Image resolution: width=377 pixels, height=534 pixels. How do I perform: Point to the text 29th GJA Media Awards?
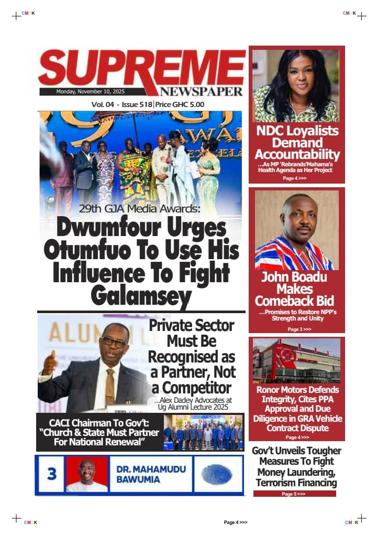[x=139, y=209]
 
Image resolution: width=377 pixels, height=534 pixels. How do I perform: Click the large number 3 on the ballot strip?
[x=51, y=474]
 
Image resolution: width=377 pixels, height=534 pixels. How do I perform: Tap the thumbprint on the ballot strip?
[x=218, y=474]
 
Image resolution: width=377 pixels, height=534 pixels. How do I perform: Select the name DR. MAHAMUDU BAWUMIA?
[x=151, y=474]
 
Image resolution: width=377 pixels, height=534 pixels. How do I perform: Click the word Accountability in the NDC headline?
[x=297, y=155]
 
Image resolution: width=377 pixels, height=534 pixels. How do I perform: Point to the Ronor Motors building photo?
[x=296, y=361]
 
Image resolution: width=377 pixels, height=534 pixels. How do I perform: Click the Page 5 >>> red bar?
[x=294, y=494]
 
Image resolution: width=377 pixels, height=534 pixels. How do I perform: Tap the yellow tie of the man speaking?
[x=110, y=386]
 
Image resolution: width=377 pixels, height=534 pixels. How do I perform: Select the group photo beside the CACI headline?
[x=203, y=432]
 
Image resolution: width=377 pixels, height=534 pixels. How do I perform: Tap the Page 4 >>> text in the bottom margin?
[x=235, y=522]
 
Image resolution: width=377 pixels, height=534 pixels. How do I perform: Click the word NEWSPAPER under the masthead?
[x=202, y=91]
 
